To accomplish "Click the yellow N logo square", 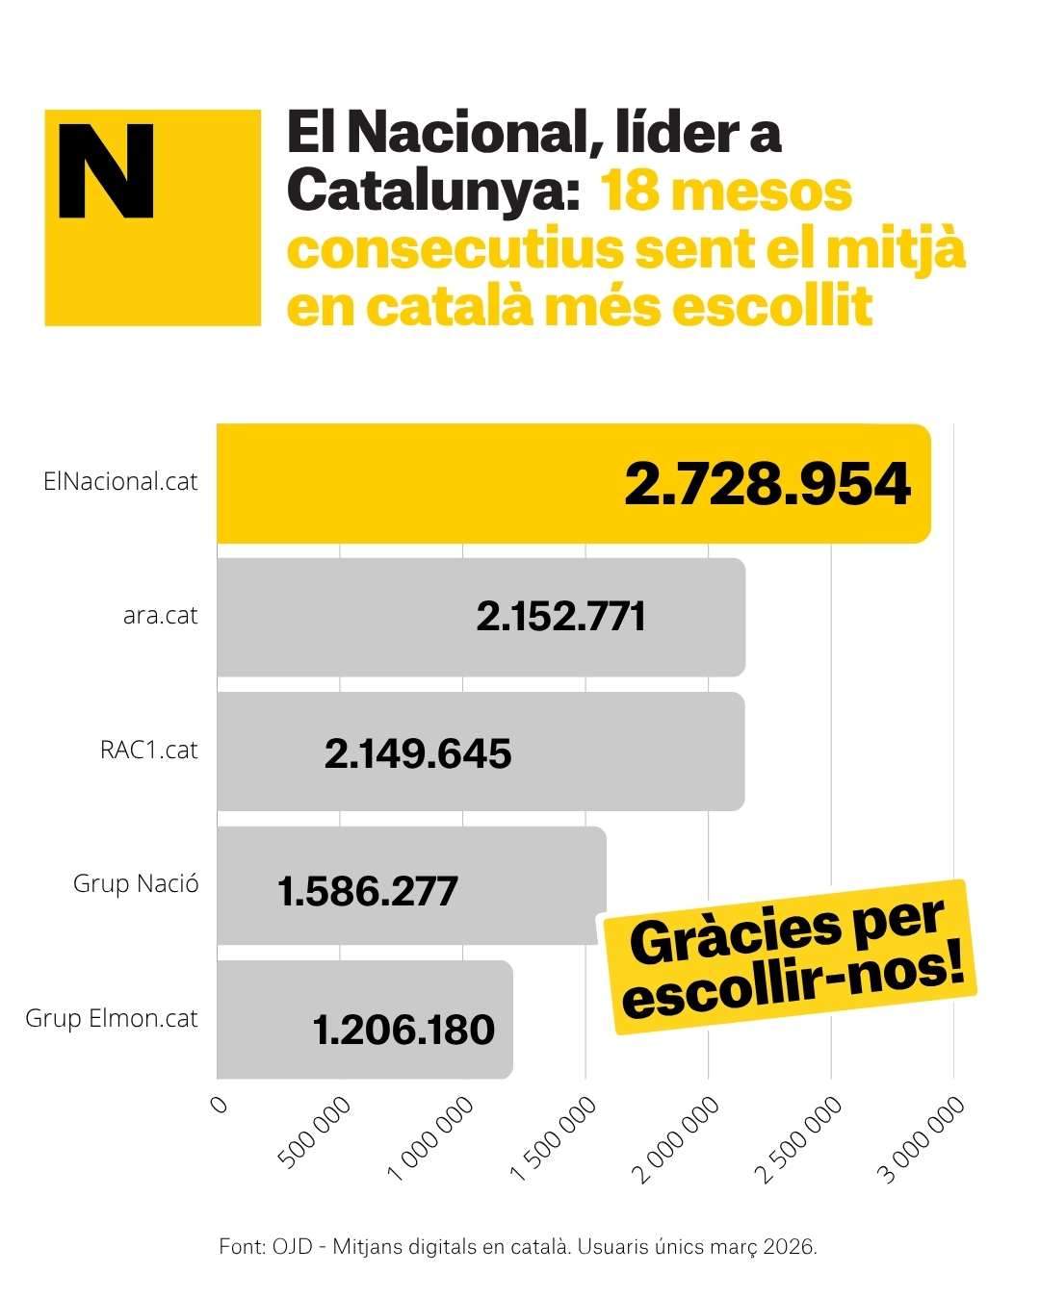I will [x=152, y=217].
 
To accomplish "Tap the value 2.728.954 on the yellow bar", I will [x=767, y=484].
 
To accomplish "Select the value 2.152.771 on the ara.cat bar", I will [x=560, y=617].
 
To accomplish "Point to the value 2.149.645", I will [x=417, y=753].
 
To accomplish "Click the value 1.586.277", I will [x=367, y=891].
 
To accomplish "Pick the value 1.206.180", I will [x=403, y=1030].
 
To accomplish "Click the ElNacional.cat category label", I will [x=120, y=481].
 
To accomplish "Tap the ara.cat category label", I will [x=160, y=615].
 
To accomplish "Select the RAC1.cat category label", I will [x=148, y=750].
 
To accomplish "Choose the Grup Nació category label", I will [x=136, y=883].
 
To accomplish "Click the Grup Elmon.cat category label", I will [x=112, y=1018].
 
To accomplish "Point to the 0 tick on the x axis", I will [x=220, y=1105].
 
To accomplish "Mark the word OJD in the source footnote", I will [x=296, y=1246].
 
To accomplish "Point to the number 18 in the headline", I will [x=629, y=191].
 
